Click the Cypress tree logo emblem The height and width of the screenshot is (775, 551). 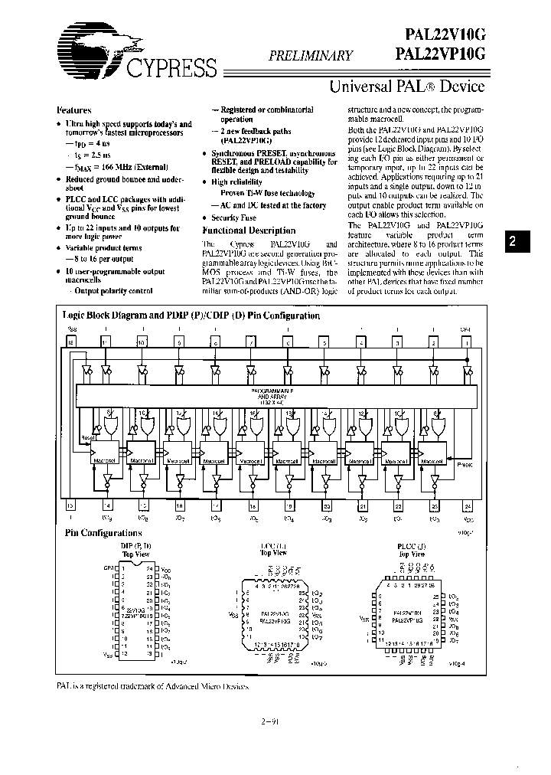tap(88, 46)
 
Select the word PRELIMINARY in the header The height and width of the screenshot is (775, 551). tap(310, 55)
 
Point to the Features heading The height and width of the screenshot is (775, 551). tap(74, 111)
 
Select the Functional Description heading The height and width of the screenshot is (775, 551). tap(249, 231)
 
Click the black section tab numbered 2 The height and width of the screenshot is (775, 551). tap(514, 241)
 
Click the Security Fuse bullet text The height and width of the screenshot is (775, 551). tap(240, 217)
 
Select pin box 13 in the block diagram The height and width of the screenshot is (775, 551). tap(70, 505)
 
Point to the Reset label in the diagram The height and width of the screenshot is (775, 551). tap(89, 437)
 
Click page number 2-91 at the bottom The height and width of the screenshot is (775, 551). tap(272, 721)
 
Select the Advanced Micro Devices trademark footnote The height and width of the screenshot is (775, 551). tap(153, 687)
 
